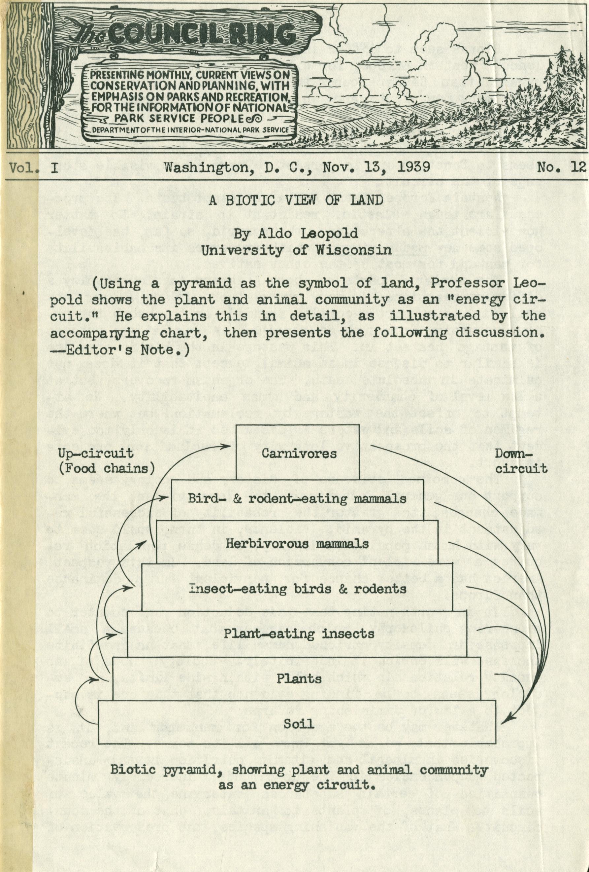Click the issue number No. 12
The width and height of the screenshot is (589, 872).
pyautogui.click(x=561, y=166)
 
